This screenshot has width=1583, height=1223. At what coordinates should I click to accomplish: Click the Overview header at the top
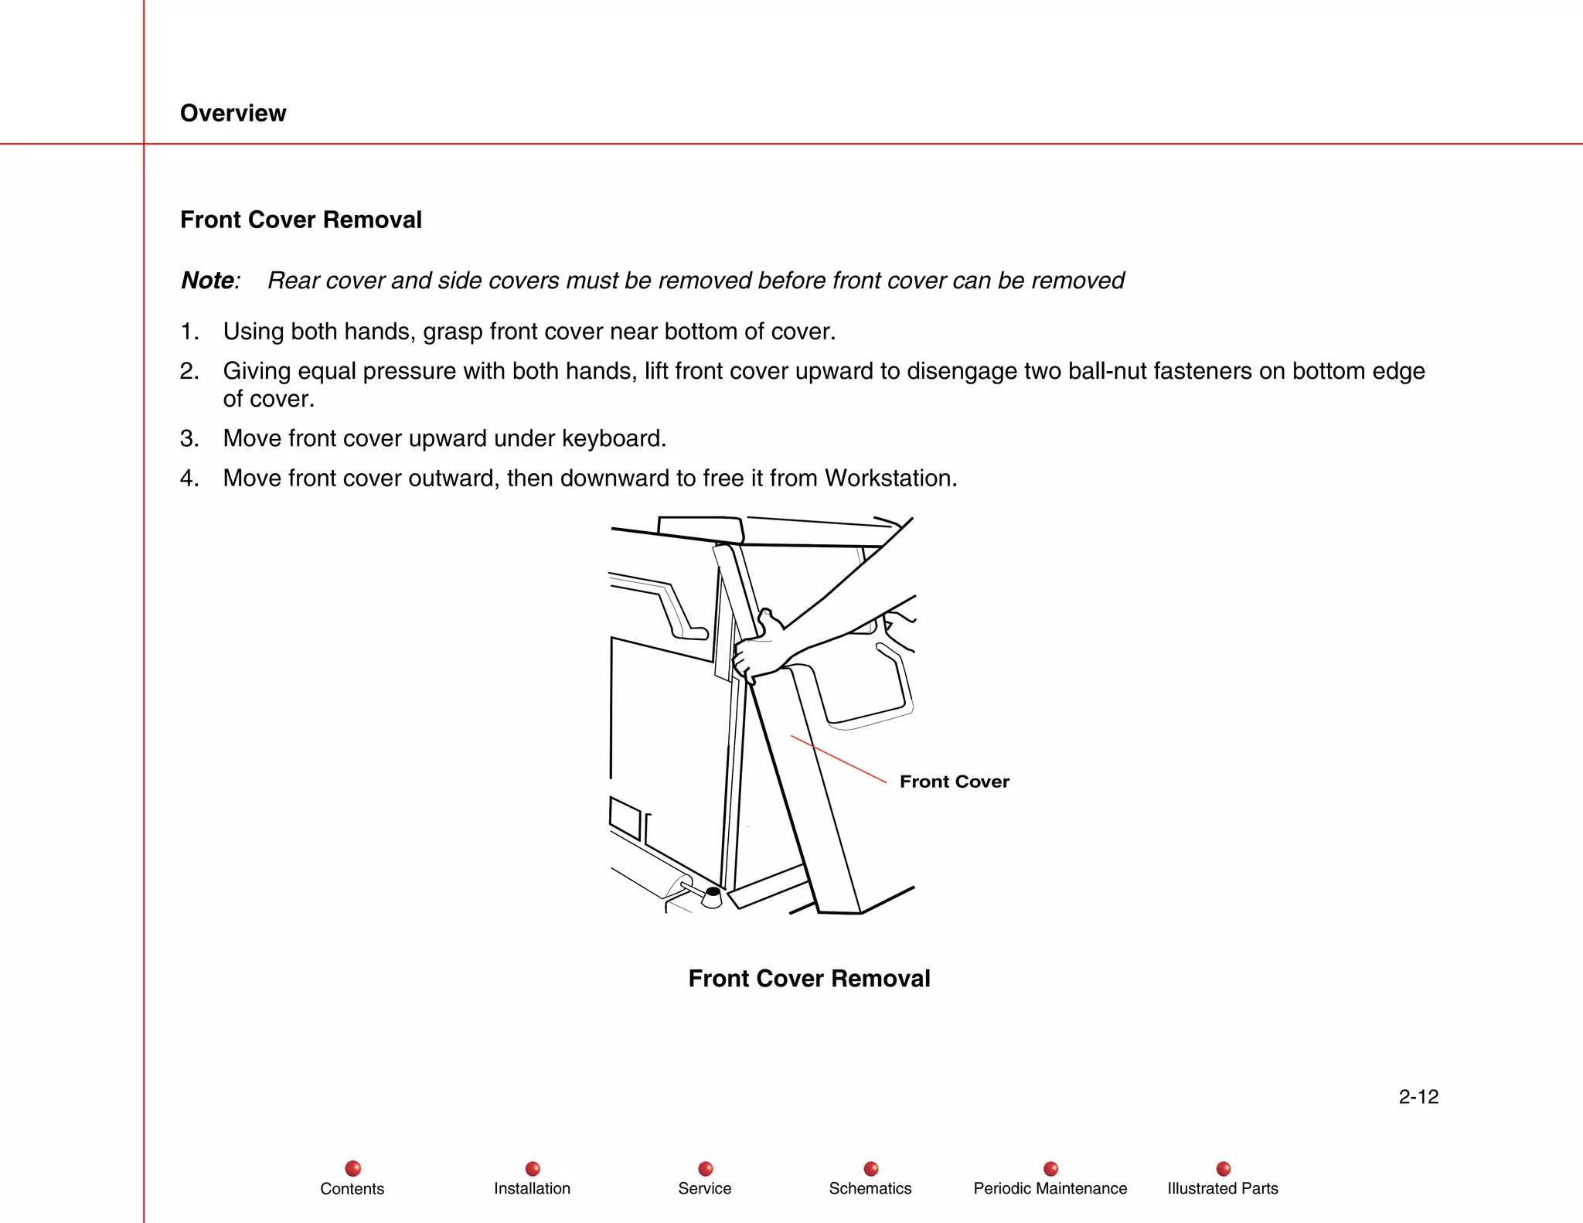(233, 113)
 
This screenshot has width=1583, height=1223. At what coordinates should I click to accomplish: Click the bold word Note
(207, 280)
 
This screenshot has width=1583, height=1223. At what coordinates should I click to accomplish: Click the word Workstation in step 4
(889, 478)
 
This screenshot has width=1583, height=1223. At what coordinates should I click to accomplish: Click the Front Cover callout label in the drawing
(954, 782)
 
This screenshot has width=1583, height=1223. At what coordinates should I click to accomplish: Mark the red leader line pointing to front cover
(839, 759)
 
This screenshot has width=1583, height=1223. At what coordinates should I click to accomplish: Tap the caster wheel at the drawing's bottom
(712, 897)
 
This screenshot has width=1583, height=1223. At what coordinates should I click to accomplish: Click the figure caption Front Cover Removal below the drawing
(809, 978)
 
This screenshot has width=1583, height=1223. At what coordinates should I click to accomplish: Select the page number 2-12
(1418, 1096)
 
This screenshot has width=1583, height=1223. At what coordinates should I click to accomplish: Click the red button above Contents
(352, 1168)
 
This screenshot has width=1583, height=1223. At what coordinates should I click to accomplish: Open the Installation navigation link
(532, 1188)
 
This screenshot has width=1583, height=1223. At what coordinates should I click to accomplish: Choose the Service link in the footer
(704, 1188)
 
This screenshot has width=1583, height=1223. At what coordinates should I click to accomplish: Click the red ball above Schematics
(870, 1168)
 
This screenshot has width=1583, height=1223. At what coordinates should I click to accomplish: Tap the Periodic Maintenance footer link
(1050, 1188)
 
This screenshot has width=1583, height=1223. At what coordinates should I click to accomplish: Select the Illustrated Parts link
(1222, 1188)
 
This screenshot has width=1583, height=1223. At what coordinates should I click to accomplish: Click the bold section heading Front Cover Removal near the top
(301, 220)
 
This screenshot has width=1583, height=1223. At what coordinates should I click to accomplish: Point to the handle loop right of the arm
(897, 680)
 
